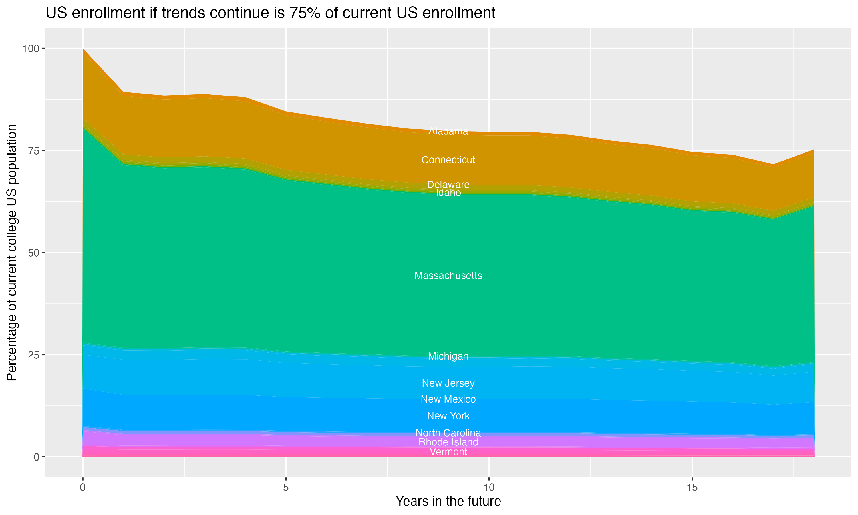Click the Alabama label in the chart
448,131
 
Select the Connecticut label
448,160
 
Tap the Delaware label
448,184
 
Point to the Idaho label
448,193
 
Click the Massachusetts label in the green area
448,276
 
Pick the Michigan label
448,356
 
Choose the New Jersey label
448,383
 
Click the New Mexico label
448,399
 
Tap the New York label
448,416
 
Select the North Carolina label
448,433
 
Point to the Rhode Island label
448,442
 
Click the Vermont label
448,452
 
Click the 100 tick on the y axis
31,49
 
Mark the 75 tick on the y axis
34,150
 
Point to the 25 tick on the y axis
34,355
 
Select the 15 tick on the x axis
692,488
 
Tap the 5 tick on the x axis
286,488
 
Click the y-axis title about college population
12,253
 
